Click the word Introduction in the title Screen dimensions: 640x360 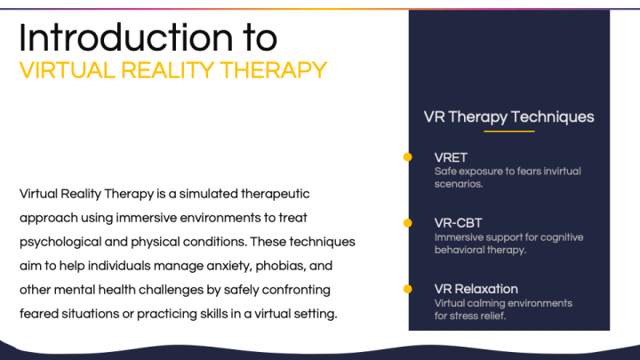point(125,37)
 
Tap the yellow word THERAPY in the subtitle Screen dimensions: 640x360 point(274,70)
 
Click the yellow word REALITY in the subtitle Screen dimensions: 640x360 point(168,70)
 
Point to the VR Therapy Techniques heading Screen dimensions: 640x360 point(508,117)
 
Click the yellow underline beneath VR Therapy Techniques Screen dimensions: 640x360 point(509,132)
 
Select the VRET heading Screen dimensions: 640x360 point(451,157)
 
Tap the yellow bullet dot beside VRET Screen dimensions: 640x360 point(407,157)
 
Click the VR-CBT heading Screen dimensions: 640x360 point(458,223)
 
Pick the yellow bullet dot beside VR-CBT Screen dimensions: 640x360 point(407,223)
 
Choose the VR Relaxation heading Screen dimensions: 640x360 point(476,289)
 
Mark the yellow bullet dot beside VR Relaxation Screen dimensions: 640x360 point(407,289)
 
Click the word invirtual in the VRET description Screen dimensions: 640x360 point(559,172)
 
